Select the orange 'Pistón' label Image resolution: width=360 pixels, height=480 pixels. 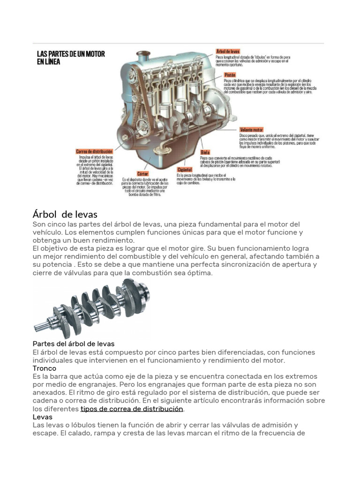(x=229, y=75)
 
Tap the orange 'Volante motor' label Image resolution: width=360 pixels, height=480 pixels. (x=251, y=129)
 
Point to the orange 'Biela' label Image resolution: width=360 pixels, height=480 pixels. (x=205, y=152)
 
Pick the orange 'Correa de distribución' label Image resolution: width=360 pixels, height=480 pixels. (x=95, y=151)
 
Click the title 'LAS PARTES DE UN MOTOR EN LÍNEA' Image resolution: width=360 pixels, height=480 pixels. (x=71, y=58)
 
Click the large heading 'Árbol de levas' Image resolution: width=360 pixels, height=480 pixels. (x=65, y=214)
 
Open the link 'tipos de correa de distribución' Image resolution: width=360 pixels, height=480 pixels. (x=132, y=409)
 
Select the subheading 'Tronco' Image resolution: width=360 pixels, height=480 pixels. (x=45, y=368)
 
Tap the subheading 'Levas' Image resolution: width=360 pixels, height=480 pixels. (x=43, y=417)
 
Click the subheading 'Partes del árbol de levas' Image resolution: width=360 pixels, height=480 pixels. (x=74, y=344)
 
